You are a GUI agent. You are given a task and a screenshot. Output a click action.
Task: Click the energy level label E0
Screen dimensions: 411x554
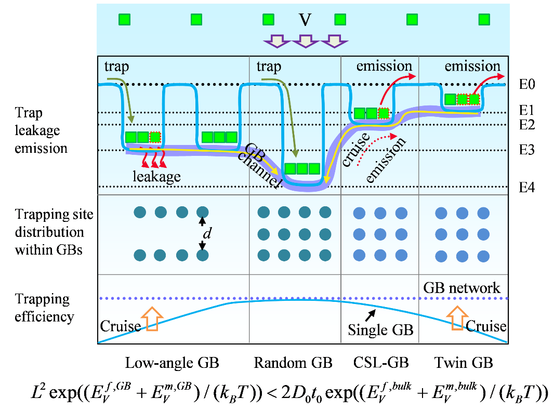pos(526,84)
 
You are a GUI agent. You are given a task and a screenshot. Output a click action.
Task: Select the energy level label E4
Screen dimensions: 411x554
pos(527,188)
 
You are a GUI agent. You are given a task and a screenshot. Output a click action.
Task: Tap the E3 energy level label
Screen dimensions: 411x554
pos(526,152)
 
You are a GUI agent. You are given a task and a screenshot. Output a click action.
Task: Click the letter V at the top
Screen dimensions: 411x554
pos(305,20)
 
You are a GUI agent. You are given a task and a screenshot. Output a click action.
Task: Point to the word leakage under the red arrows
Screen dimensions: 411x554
pos(156,176)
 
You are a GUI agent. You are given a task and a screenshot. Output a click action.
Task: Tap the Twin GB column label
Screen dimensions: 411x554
pos(464,363)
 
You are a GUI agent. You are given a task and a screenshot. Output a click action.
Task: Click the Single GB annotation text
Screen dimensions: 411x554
pos(380,330)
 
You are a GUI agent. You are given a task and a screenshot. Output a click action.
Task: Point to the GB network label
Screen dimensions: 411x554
pos(461,287)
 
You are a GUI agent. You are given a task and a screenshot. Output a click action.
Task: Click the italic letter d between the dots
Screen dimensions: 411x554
pos(207,234)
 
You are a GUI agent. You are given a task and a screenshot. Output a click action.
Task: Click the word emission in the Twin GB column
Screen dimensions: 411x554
pos(472,66)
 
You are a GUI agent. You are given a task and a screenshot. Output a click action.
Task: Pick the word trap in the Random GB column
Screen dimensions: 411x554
pos(269,67)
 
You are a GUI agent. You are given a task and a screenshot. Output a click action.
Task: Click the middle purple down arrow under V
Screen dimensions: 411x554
pos(305,41)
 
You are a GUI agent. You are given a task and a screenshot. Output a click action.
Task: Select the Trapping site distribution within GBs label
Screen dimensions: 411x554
pos(49,233)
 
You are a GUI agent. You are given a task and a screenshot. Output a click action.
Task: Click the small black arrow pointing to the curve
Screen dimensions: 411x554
pos(371,313)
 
